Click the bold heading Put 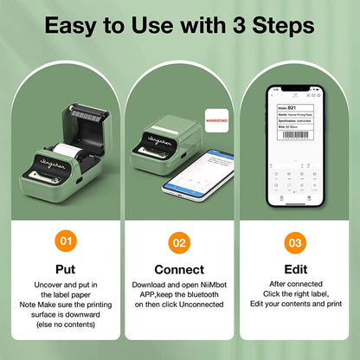(65, 269)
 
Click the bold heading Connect (179, 269)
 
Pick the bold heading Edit (295, 269)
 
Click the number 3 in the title (232, 26)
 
